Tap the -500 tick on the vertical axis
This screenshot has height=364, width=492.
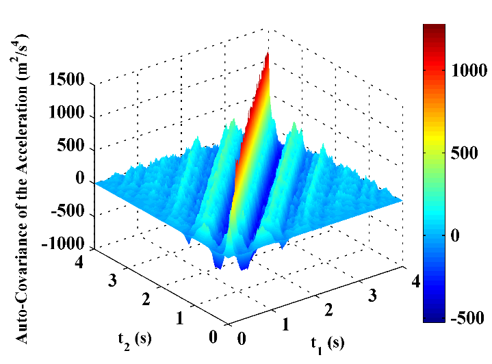point(69,212)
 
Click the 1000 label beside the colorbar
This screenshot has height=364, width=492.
point(470,70)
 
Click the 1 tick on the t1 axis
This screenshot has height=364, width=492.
point(284,324)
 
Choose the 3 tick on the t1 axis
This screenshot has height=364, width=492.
point(372,294)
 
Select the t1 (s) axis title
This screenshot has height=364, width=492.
point(325,343)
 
